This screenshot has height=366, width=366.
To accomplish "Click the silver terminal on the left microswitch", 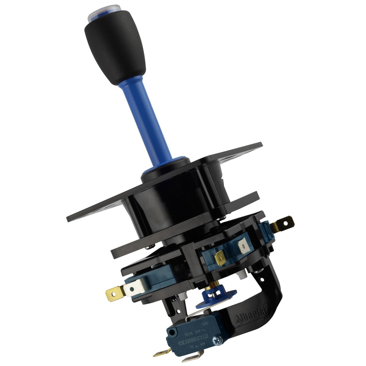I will coord(133,289).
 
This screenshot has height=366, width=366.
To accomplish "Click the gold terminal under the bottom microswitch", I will coord(162,354).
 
